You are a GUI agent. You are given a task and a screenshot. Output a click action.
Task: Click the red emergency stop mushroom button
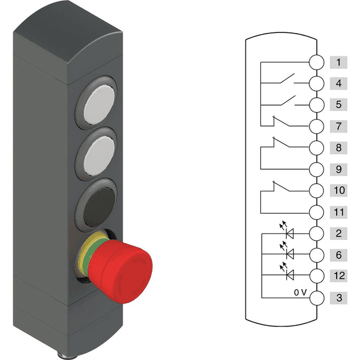[x=120, y=271]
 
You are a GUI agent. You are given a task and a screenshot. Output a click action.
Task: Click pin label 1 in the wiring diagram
[x=338, y=62]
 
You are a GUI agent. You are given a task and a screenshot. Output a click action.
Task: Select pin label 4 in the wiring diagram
[x=338, y=83]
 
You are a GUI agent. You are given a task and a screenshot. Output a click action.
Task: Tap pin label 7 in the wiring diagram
[x=338, y=126]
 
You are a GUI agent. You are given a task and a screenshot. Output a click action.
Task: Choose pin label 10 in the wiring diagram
[x=338, y=190]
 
